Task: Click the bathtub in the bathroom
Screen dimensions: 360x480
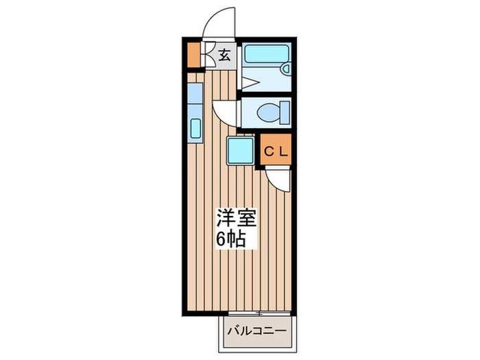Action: tap(264, 53)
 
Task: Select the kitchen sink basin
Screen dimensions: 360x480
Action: tap(194, 128)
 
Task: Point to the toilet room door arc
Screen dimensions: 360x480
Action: tap(225, 112)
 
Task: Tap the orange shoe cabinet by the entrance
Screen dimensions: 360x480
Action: tap(193, 56)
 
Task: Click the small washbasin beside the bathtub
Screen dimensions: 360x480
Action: tap(285, 69)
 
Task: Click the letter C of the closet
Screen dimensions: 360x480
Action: tap(269, 149)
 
